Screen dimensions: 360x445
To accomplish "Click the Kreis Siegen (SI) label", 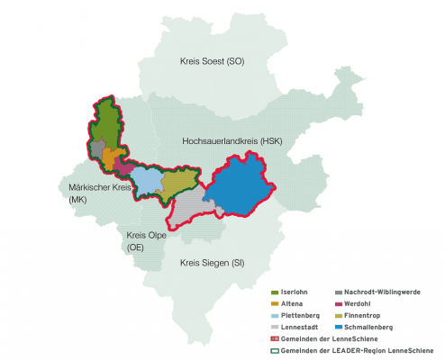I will tap(212, 263).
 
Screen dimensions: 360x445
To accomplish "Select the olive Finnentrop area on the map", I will tap(178, 184).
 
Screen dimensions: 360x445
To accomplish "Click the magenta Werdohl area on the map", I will tap(125, 166).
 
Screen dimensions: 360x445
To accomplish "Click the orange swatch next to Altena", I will tap(275, 305).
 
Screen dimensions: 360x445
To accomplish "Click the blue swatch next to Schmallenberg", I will tap(337, 328).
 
